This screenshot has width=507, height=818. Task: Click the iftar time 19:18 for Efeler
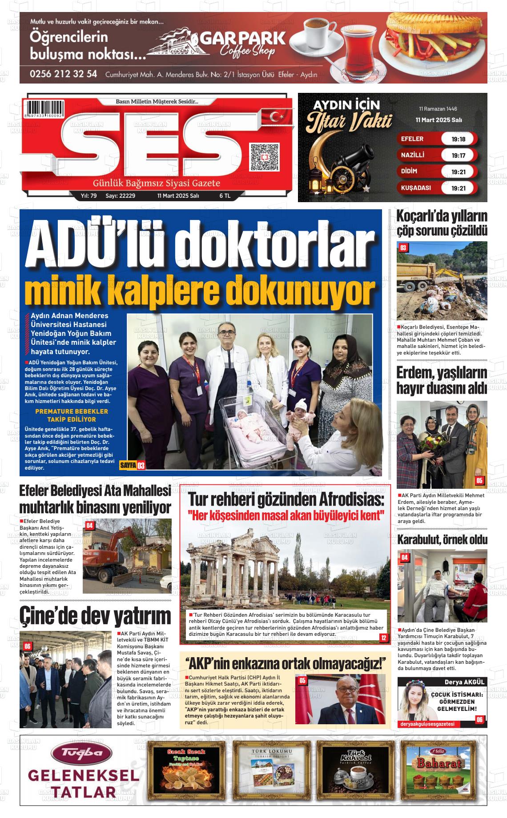tap(458, 139)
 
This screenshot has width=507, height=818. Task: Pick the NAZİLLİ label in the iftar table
tap(413, 155)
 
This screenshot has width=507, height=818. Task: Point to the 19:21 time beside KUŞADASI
tap(458, 188)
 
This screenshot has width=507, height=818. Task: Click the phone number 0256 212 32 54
tap(64, 74)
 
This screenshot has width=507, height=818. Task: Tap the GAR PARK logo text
tap(242, 39)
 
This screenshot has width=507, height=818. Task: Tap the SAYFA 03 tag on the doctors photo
tap(133, 466)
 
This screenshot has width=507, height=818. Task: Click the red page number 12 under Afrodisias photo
tap(383, 638)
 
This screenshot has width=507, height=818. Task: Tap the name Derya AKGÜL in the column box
tap(464, 682)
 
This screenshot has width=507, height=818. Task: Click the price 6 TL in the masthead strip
tap(225, 196)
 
